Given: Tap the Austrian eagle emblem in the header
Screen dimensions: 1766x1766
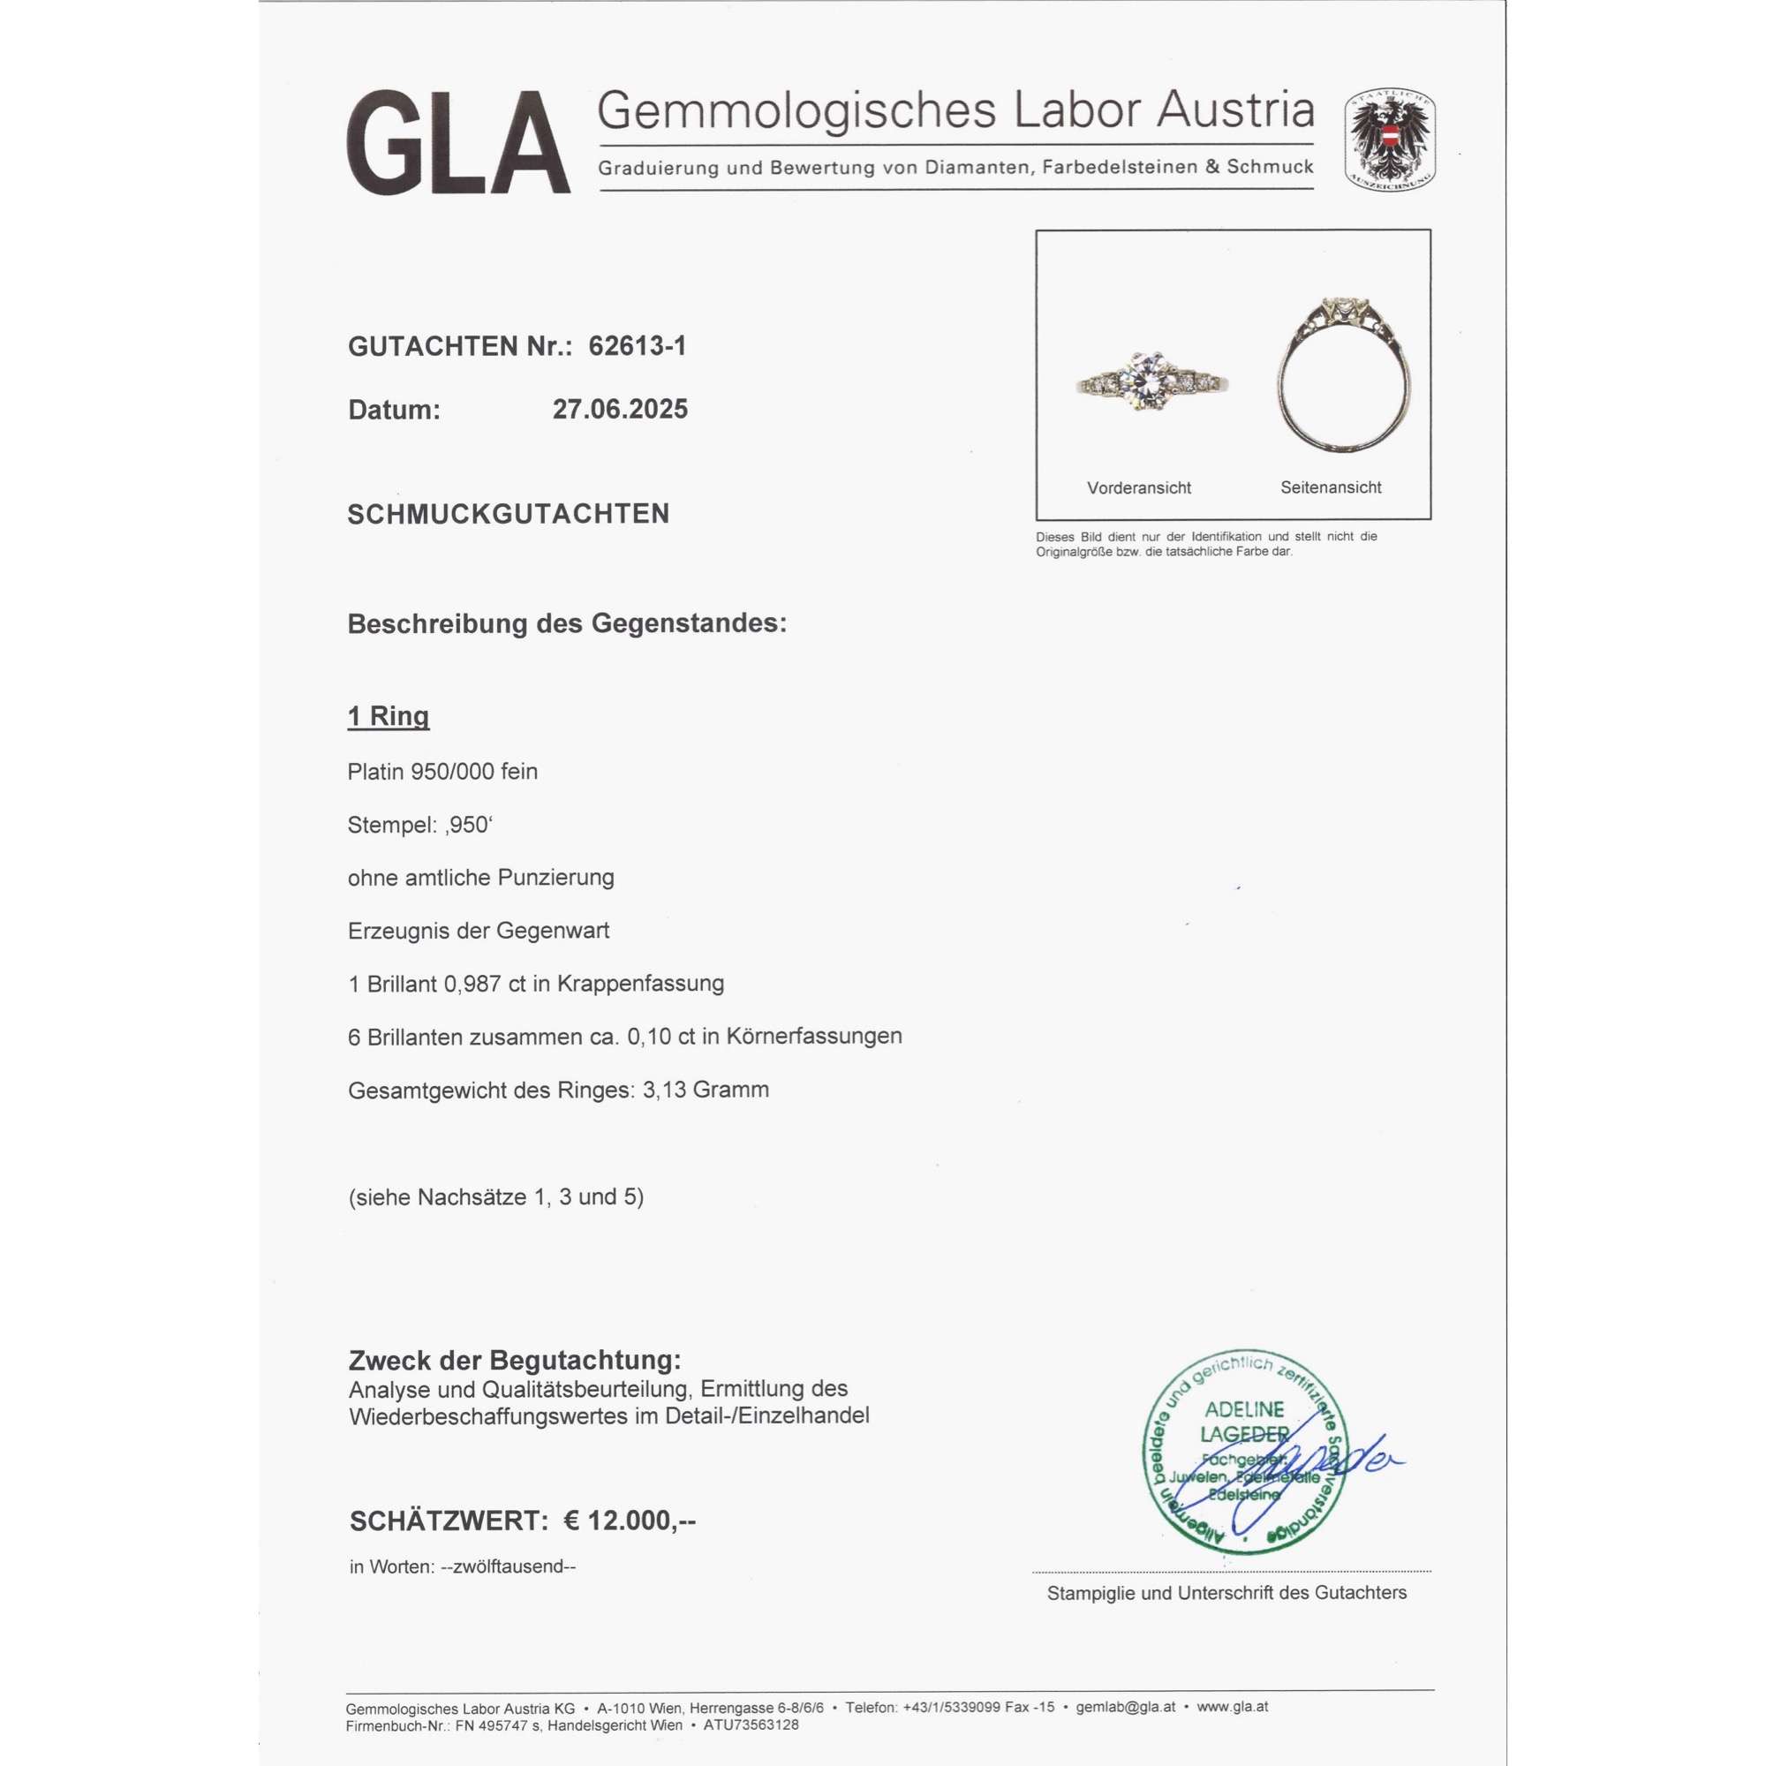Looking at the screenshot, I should coord(1388,140).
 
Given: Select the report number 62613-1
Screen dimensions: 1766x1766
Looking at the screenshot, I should coord(638,346).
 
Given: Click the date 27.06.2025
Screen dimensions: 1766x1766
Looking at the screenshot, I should coord(620,410).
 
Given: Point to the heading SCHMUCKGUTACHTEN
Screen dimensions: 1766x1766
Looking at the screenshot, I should coord(509,514).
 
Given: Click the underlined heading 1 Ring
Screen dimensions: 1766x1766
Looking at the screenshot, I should coord(389,716).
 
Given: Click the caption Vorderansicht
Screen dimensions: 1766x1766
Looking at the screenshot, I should coord(1139,488).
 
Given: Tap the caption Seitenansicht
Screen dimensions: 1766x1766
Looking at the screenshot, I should coord(1330,488).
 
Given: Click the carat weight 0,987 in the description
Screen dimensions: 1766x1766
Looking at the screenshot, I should coord(472,984).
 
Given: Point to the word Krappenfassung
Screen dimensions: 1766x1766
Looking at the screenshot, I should coord(641,984).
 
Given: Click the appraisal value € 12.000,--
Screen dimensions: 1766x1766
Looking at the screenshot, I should coord(629,1521).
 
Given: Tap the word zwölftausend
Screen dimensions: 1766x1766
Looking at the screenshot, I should coord(509,1566).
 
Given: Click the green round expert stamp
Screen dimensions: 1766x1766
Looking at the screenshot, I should coord(1245,1453).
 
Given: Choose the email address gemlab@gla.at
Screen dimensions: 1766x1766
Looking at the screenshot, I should coord(1125,1707).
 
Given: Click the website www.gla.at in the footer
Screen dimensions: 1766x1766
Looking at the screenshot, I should coord(1232,1707).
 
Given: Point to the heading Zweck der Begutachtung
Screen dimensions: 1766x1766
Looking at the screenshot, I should coord(515,1360).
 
